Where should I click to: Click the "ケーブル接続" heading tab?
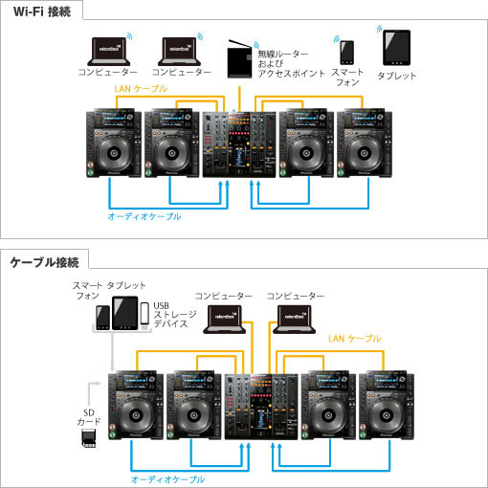45,259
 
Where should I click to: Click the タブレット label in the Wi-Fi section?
396,76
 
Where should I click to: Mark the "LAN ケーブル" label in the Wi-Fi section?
141,88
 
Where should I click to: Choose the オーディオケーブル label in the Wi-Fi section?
144,216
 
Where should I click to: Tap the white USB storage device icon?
144,313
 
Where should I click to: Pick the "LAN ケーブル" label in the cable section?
354,339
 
